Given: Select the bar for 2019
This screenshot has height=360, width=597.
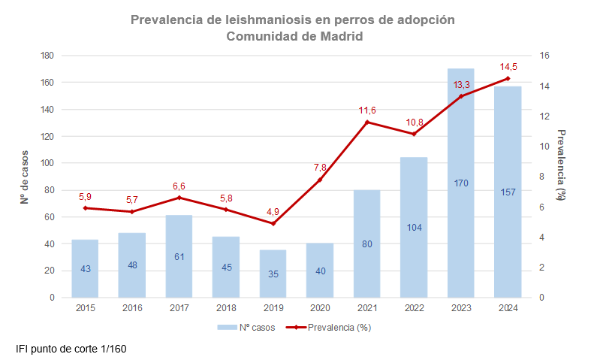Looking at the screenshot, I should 273,274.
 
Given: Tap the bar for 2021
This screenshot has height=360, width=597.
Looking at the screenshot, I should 367,244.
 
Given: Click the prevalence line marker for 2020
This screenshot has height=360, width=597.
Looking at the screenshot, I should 320,180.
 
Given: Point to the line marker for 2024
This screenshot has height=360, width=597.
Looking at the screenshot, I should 508,78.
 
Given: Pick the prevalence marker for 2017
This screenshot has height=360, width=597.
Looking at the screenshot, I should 179,198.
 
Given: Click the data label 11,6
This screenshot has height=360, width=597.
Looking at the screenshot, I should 367,110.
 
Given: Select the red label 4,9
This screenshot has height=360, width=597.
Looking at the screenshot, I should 273,211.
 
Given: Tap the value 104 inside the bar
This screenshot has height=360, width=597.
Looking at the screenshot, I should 414,227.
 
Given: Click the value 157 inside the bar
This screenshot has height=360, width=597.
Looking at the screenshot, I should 508,192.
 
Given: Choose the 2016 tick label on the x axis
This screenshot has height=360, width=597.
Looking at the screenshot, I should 132,307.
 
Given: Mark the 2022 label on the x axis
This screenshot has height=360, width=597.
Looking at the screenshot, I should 414,307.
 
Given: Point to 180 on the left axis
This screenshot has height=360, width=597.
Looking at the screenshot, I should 47,56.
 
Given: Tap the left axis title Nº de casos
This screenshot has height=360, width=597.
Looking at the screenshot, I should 24,177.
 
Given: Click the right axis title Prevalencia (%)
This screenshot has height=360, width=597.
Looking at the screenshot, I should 561,165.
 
